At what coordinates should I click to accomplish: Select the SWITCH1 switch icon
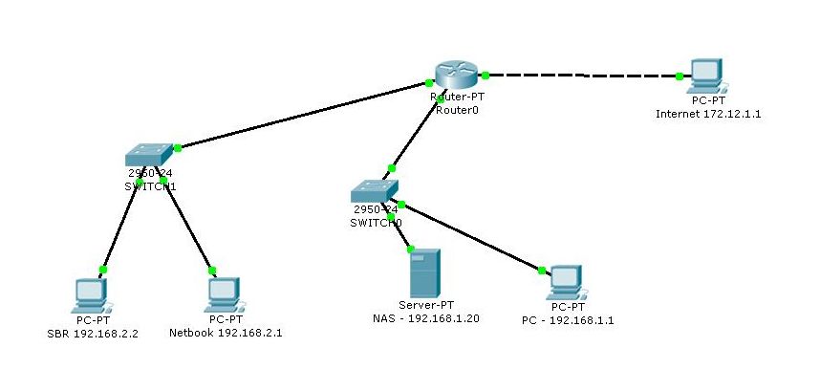pyautogui.click(x=150, y=153)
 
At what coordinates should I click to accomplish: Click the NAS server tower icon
pyautogui.click(x=424, y=272)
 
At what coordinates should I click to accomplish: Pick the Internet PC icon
pyautogui.click(x=706, y=74)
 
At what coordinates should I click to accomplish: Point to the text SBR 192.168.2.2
pyautogui.click(x=94, y=334)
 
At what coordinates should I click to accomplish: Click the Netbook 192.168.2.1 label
pyautogui.click(x=226, y=334)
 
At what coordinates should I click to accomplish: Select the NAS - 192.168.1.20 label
pyautogui.click(x=425, y=317)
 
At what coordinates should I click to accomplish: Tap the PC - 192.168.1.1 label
pyautogui.click(x=569, y=320)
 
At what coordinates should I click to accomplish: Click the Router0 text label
pyautogui.click(x=455, y=109)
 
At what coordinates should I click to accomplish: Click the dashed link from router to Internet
pyautogui.click(x=583, y=75)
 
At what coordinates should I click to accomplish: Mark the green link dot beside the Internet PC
pyautogui.click(x=679, y=76)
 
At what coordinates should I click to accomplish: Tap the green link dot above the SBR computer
pyautogui.click(x=103, y=270)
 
